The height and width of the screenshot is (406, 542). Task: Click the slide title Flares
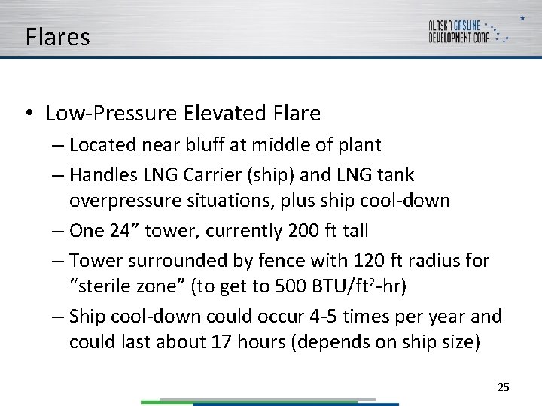point(57,37)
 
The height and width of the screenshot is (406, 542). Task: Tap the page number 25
point(504,387)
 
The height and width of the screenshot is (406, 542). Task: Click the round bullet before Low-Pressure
point(27,114)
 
